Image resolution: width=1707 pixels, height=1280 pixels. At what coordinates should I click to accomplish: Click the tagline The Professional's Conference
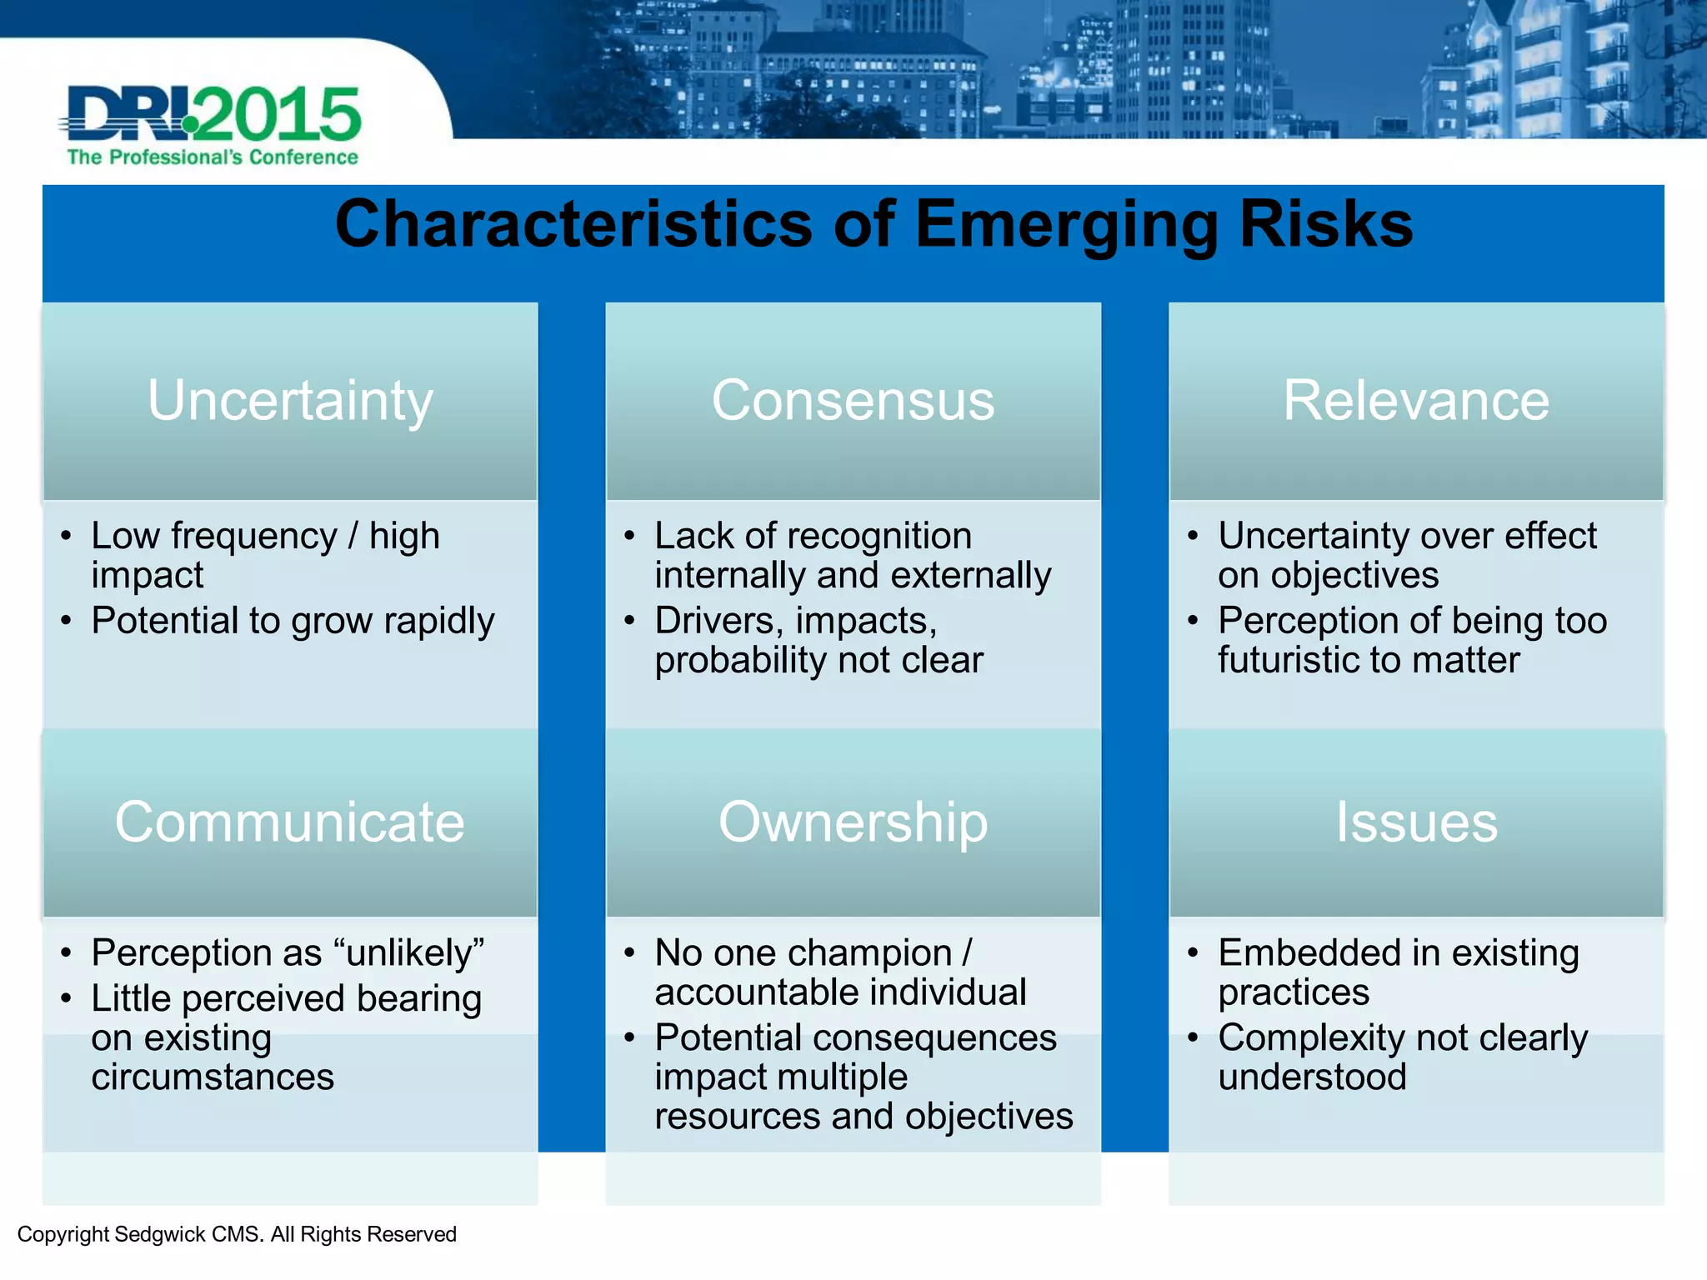pyautogui.click(x=213, y=157)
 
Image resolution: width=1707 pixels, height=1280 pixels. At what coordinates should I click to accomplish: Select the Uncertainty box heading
pyautogui.click(x=290, y=401)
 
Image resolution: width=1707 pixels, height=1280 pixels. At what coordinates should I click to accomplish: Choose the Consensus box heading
pyautogui.click(x=853, y=401)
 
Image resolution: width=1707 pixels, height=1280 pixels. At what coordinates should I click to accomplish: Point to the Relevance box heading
pyautogui.click(x=1415, y=401)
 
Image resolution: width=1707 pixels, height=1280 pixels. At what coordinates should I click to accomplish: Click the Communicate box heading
pyautogui.click(x=289, y=822)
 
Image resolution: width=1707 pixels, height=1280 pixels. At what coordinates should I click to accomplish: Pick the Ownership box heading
pyautogui.click(x=853, y=822)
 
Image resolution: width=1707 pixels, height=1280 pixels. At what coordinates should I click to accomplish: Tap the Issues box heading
pyautogui.click(x=1416, y=822)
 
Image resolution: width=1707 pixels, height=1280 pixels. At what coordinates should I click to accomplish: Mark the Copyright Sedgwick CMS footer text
pyautogui.click(x=237, y=1234)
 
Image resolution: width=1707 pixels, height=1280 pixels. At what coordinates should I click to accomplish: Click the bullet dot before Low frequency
pyautogui.click(x=66, y=536)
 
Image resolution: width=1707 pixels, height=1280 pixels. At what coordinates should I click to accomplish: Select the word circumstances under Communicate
pyautogui.click(x=213, y=1077)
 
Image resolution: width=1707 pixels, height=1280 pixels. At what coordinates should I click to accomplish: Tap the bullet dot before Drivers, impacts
pyautogui.click(x=629, y=621)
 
